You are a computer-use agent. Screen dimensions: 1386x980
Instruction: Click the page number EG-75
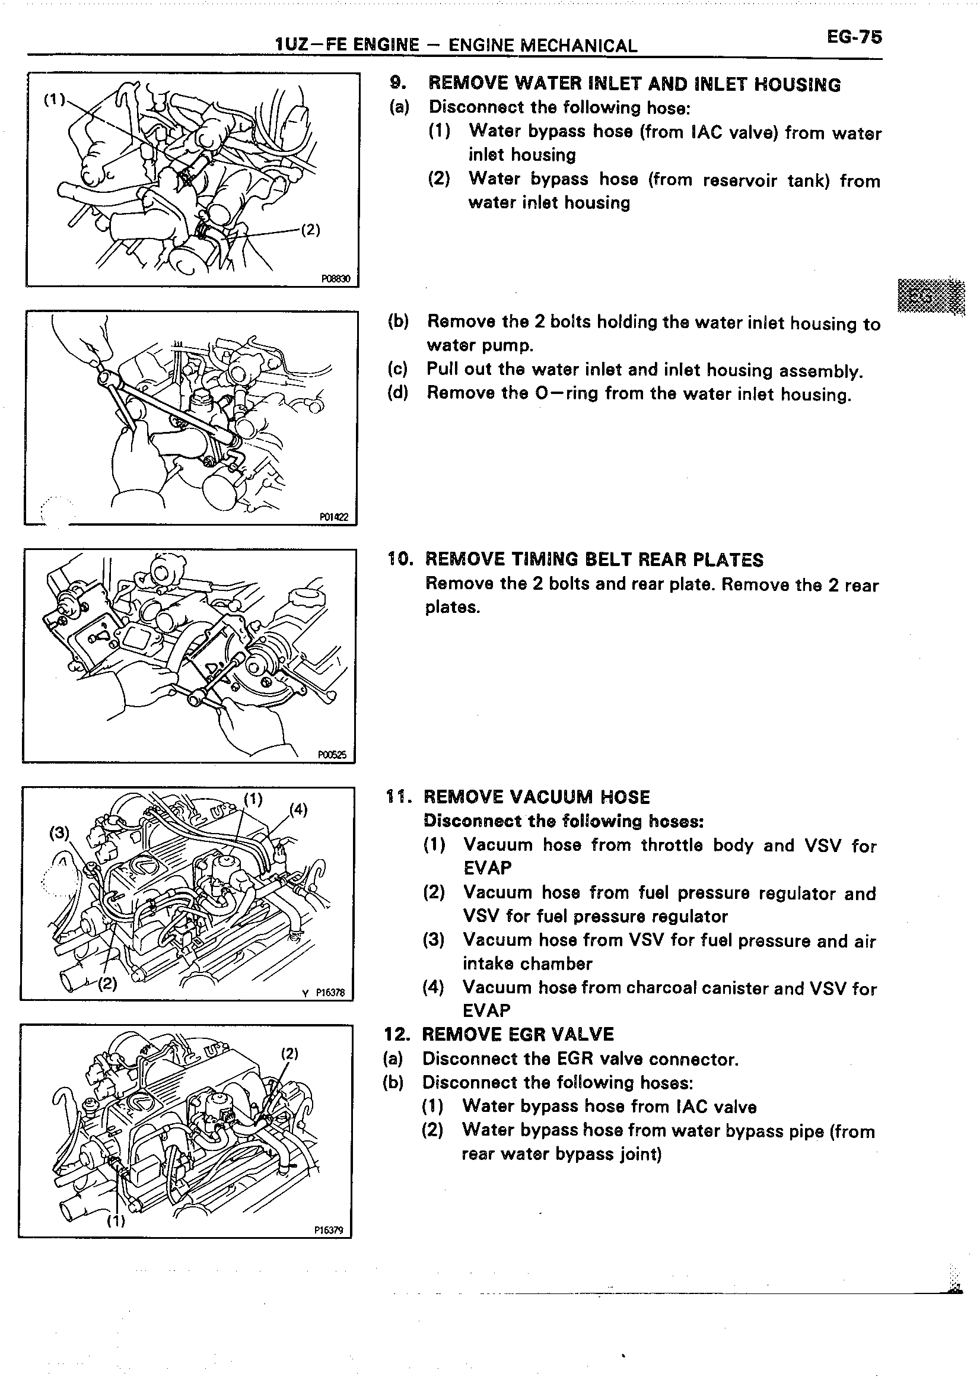coord(854,37)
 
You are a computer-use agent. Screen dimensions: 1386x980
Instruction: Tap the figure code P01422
coord(334,517)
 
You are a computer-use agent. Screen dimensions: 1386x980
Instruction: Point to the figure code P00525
coord(332,754)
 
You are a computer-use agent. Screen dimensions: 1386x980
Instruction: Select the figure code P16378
coord(329,992)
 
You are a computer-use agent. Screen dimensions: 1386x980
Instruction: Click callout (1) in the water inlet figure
coord(55,99)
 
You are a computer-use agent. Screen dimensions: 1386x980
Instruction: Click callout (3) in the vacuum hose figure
coord(59,833)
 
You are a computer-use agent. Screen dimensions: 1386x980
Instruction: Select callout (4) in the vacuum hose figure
coord(299,809)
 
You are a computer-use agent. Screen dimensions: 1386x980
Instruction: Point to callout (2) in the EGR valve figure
coord(290,1053)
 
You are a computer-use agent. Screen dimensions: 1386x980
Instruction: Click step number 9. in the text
coord(397,83)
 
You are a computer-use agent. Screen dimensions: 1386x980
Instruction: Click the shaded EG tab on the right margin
coord(931,297)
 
